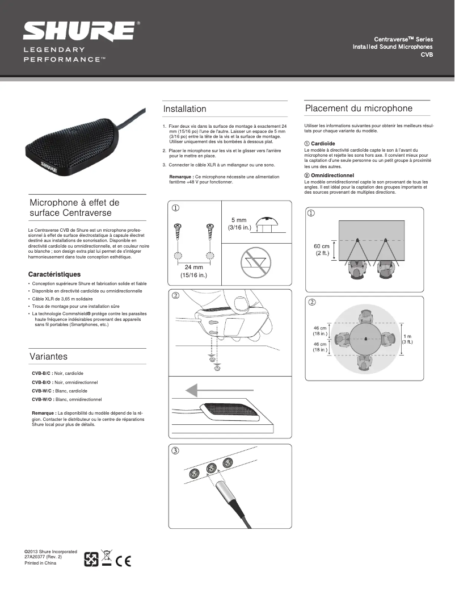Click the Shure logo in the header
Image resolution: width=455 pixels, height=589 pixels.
coord(79,31)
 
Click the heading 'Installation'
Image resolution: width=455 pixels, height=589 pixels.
coord(184,108)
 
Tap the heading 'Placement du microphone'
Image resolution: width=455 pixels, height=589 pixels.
coord(359,108)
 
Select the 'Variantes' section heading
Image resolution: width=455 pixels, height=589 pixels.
coord(48,356)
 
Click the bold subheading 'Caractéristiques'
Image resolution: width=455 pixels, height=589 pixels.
coord(54,274)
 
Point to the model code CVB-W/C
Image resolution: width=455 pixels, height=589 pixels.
coord(42,391)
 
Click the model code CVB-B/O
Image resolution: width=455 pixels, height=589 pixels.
coord(42,383)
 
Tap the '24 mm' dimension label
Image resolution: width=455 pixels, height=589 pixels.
coord(193,267)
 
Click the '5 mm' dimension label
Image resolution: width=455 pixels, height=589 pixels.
coord(239,220)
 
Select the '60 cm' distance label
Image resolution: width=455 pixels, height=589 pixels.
coord(322,246)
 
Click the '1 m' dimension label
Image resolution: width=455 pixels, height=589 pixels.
coord(407,336)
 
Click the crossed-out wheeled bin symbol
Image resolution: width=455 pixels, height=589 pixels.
coord(106,558)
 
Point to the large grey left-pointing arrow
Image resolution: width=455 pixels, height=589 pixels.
coord(207,390)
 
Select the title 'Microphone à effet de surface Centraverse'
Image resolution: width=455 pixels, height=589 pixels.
coord(74,207)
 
